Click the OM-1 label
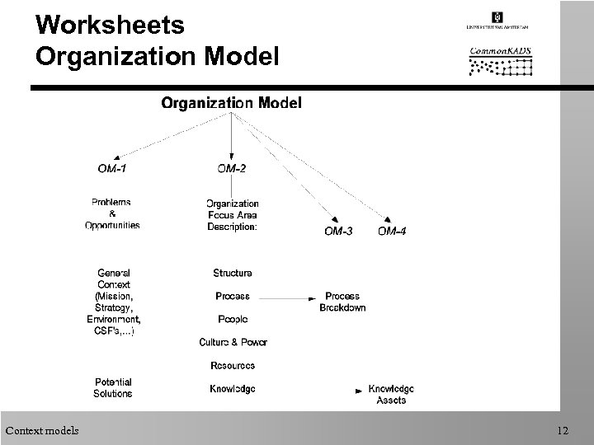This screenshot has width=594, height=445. tap(113, 170)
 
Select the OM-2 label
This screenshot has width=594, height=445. tap(232, 170)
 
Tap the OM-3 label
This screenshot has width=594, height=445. tap(338, 232)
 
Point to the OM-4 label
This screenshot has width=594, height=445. tap(392, 232)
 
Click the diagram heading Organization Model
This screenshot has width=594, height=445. tap(231, 103)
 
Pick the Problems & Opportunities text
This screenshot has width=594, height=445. tap(111, 213)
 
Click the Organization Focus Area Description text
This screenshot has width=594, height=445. tap(232, 214)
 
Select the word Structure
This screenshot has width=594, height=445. tap(232, 273)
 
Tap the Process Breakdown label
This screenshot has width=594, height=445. tap(342, 302)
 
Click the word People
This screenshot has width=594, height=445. tap(232, 319)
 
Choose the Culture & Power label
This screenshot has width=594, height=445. tap(233, 342)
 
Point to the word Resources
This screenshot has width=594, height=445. tap(232, 365)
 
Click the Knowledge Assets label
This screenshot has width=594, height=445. tap(391, 394)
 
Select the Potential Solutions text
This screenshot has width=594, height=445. tap(113, 388)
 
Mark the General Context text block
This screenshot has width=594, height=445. tap(113, 302)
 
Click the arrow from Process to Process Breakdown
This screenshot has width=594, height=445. tap(285, 297)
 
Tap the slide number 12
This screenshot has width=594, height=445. tap(563, 429)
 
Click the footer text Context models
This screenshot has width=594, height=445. tap(42, 429)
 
